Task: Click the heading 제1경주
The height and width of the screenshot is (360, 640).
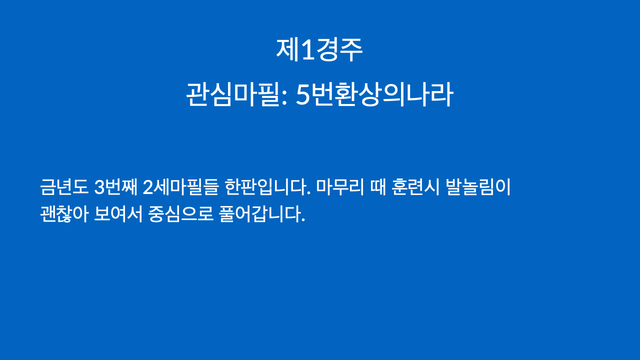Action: click(x=319, y=49)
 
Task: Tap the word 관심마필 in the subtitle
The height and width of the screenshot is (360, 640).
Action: click(x=232, y=94)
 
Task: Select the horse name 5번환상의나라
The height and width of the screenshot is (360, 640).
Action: click(x=374, y=94)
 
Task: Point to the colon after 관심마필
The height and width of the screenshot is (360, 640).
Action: click(x=284, y=97)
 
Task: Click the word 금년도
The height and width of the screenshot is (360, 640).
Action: click(x=64, y=187)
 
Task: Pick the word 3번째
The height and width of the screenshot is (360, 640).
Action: click(x=115, y=187)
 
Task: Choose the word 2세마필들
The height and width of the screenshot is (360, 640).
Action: click(x=180, y=187)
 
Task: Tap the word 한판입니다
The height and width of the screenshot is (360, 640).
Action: click(x=267, y=187)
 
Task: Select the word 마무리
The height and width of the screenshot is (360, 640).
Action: click(x=340, y=187)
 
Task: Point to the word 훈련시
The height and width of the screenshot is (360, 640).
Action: click(x=415, y=187)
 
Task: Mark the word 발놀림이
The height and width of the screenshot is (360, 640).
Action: click(x=477, y=187)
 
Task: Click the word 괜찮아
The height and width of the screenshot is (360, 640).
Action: click(x=64, y=213)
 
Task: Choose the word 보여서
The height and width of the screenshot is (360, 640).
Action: click(x=118, y=213)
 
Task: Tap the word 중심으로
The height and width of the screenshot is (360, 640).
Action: click(x=180, y=213)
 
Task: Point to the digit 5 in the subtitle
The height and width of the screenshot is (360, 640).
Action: click(x=303, y=95)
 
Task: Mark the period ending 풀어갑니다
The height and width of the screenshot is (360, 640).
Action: click(x=303, y=220)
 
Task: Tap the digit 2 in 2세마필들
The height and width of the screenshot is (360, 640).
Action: click(x=147, y=187)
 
